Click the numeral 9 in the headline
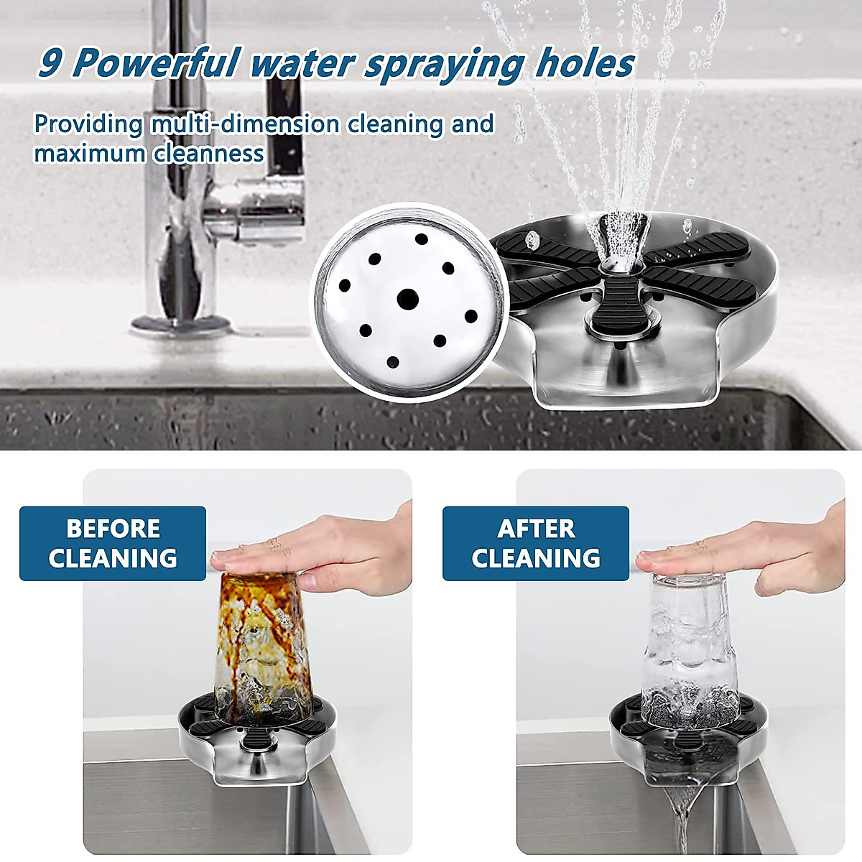click(50, 63)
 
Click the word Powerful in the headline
click(155, 63)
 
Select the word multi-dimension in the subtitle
click(245, 124)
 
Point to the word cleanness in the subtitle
click(208, 153)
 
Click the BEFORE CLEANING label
click(113, 543)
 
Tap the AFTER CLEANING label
click(536, 543)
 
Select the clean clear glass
click(682, 646)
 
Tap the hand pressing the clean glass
click(747, 550)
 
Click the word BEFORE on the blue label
click(113, 529)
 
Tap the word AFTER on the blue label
click(536, 529)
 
